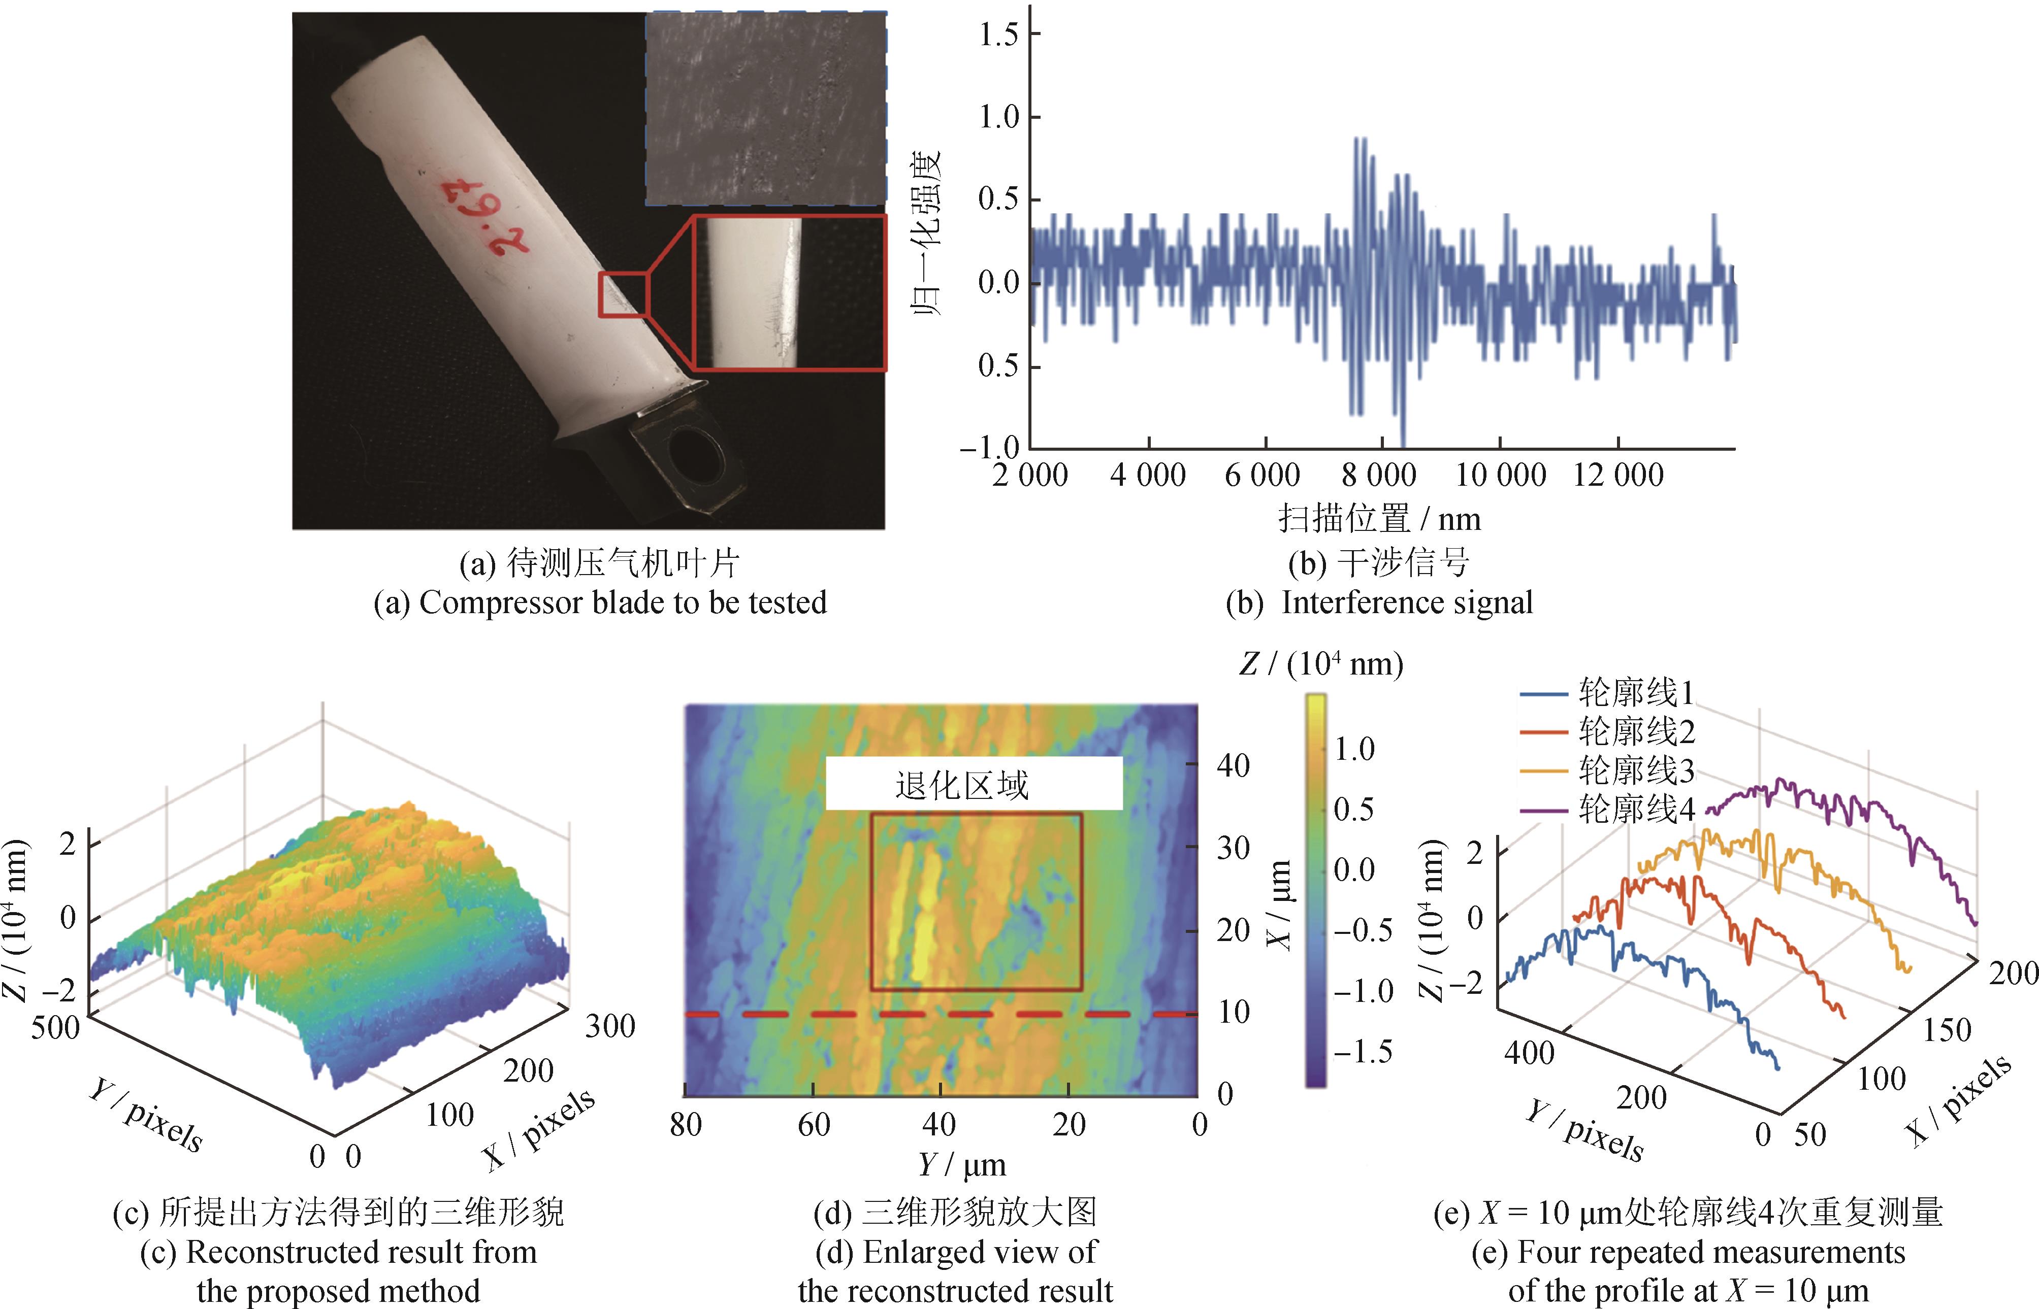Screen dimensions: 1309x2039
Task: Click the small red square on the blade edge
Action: coord(623,294)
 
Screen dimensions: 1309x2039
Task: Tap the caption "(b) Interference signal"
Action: coord(1379,602)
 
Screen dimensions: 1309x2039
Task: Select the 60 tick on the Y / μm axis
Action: coord(814,1125)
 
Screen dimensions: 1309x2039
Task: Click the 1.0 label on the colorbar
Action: coord(1354,749)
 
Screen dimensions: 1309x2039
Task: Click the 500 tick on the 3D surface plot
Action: coord(55,1028)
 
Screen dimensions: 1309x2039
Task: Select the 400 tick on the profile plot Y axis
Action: coord(1529,1053)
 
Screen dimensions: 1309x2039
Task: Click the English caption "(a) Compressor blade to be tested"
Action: coord(599,602)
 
